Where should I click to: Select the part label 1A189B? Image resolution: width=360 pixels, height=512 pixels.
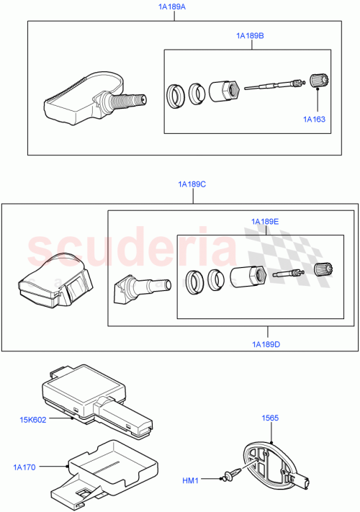coord(250,34)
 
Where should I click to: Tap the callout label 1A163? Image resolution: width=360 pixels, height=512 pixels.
coord(315,119)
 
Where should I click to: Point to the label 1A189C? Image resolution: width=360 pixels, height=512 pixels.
coord(192,184)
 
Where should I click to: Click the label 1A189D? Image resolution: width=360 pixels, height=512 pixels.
coord(266,344)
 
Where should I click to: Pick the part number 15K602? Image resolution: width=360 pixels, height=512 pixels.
coord(34,420)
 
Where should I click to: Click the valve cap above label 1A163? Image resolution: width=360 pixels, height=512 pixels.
coord(318,81)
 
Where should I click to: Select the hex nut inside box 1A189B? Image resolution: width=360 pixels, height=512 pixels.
coord(225,92)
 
